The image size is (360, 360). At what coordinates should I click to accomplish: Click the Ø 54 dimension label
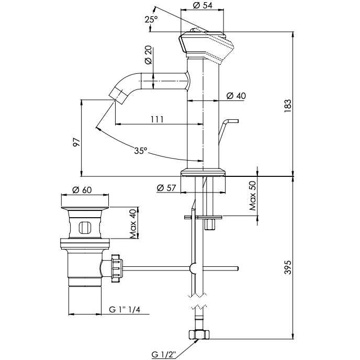coord(203,5)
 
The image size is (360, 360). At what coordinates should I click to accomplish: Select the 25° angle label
coord(151,19)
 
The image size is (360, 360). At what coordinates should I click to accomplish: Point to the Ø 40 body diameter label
coord(237,96)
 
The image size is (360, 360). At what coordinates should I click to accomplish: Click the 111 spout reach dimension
coord(156,119)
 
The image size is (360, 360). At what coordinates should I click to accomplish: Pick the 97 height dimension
coord(76,142)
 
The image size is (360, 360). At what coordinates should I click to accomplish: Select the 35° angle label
coord(140,151)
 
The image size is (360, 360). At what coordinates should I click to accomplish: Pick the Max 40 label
coord(132,223)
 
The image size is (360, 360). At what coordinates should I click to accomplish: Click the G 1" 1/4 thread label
coord(124,309)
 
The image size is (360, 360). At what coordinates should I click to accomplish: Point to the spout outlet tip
coord(118,96)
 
